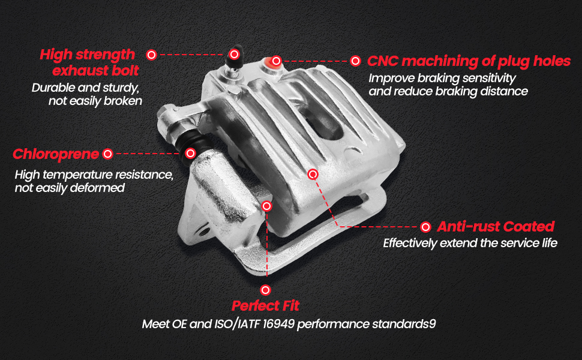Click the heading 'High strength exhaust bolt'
89,62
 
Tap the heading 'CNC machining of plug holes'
469,61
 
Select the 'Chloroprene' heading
56,154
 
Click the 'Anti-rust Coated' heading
496,226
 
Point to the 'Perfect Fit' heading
265,306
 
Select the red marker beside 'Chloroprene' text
107,154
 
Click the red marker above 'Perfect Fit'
265,290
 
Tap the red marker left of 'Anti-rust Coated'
426,227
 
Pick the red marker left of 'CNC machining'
355,61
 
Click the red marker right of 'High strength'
151,55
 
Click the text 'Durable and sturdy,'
85,88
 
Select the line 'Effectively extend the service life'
470,243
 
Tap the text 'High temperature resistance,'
94,175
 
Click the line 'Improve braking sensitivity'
442,79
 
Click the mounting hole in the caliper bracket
203,232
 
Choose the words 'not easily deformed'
70,188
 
